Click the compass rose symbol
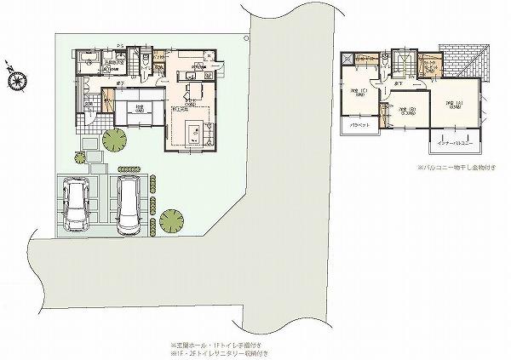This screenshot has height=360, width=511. point(14,79)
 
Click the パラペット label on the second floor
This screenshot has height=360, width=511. point(359,126)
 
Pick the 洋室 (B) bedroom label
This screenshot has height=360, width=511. point(406,110)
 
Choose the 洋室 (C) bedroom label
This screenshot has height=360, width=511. point(357,91)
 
